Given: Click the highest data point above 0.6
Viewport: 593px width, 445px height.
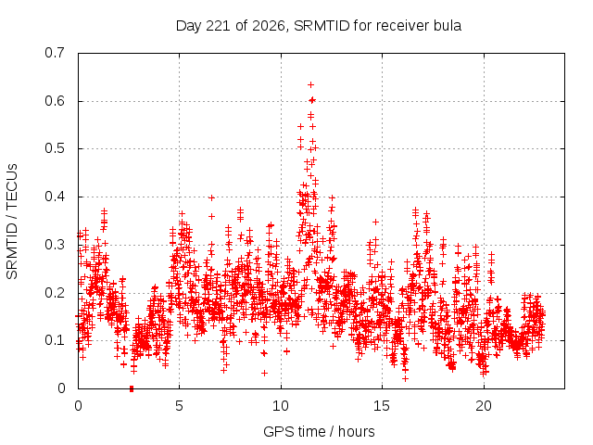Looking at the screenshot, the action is tap(311, 84).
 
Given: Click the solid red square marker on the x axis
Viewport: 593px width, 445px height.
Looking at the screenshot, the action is tap(132, 388).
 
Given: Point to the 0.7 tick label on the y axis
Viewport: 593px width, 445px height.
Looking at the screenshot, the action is tap(55, 53).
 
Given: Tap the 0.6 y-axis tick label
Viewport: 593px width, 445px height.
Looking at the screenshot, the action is tap(55, 101).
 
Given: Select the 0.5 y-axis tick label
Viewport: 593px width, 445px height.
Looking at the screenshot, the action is tap(55, 148).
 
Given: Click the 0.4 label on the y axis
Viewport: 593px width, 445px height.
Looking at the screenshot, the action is tap(55, 197).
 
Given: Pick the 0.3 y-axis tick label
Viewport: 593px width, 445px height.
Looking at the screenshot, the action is tap(55, 245).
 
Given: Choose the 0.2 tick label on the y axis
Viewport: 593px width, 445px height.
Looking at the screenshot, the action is tap(55, 293).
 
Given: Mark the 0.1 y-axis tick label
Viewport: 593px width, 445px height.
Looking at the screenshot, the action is tap(55, 340).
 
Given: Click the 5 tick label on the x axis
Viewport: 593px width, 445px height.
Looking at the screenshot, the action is tap(179, 406).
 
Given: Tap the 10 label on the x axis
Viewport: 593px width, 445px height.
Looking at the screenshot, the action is tap(281, 406).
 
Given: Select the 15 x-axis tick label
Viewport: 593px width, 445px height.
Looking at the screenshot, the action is tap(382, 406).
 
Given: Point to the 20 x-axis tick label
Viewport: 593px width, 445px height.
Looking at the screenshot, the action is tap(484, 406).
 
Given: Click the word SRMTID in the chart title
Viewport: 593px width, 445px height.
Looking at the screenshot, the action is tap(322, 26).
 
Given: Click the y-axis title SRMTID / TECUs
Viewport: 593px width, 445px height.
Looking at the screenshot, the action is tap(12, 222).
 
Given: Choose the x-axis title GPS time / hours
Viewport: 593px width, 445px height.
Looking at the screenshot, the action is tap(319, 431).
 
